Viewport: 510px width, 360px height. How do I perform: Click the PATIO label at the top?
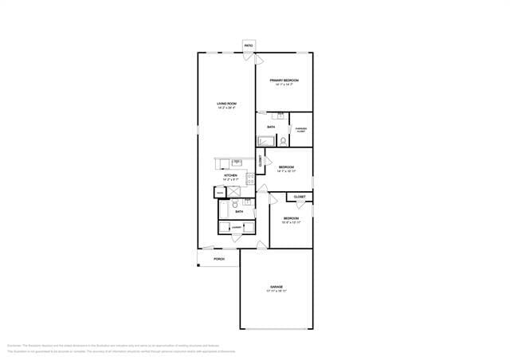click(x=249, y=45)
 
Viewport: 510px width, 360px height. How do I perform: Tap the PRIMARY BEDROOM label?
click(x=284, y=80)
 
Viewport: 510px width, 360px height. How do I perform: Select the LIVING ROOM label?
click(x=226, y=104)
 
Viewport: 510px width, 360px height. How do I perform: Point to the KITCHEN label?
click(x=230, y=175)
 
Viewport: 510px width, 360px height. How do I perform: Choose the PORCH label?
click(x=218, y=259)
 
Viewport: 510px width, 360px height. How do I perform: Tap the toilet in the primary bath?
click(x=283, y=141)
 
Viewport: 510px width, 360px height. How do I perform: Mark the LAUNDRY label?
click(x=237, y=229)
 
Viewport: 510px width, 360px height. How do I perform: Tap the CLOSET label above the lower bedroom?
click(x=300, y=197)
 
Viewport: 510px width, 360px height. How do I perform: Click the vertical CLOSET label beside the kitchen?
click(x=260, y=159)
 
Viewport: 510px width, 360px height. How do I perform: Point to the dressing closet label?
click(x=300, y=129)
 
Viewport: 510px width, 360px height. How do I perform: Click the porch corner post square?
click(x=198, y=265)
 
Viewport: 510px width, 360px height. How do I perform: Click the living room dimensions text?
click(x=226, y=108)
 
